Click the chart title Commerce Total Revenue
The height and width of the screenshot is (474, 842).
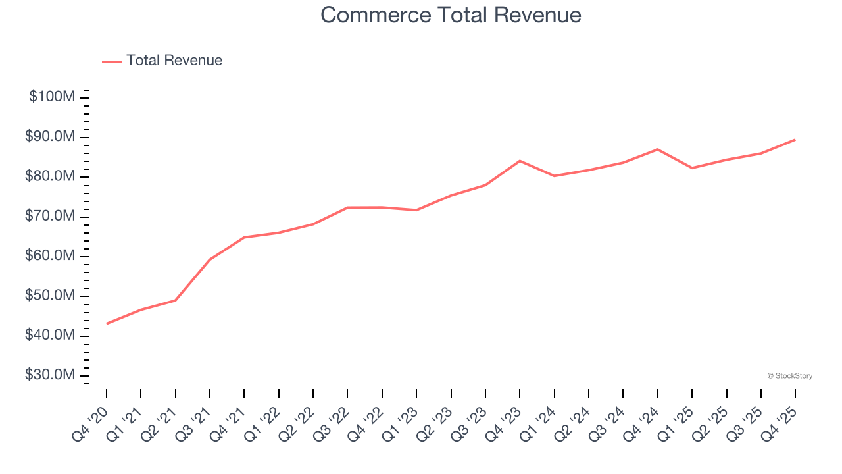[x=451, y=15]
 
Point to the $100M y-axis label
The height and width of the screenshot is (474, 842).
[x=52, y=97]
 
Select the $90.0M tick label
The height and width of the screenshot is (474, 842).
[x=50, y=137]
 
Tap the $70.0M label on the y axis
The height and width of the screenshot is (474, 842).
[x=50, y=217]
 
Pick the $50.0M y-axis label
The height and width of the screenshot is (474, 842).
[x=50, y=296]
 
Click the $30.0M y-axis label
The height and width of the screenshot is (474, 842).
[x=50, y=375]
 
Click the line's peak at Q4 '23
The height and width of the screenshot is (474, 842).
[x=520, y=161]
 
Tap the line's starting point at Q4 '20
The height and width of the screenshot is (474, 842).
[x=107, y=323]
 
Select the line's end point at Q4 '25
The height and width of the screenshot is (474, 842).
[x=795, y=140]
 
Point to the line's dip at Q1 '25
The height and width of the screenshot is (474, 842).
[x=692, y=168]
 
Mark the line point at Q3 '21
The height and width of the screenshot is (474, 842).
[x=210, y=259]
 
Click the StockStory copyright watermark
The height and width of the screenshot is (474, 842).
[x=789, y=376]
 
